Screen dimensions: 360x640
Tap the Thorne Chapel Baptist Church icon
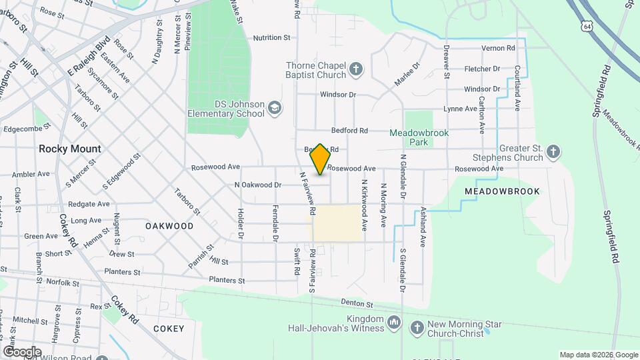pyautogui.click(x=357, y=69)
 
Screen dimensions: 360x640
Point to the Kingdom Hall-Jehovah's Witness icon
pyautogui.click(x=394, y=323)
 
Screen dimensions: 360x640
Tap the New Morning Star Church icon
pyautogui.click(x=417, y=327)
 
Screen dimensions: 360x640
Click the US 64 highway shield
pyautogui.click(x=586, y=25)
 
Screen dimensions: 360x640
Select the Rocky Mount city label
pyautogui.click(x=70, y=149)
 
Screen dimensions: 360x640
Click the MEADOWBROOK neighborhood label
pyautogui.click(x=501, y=191)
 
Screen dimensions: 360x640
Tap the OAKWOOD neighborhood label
pyautogui.click(x=169, y=226)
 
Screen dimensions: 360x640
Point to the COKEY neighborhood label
pyautogui.click(x=168, y=329)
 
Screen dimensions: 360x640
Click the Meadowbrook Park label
pyautogui.click(x=419, y=137)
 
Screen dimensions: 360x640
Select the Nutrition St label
pyautogui.click(x=271, y=38)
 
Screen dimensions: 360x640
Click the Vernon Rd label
pyautogui.click(x=499, y=48)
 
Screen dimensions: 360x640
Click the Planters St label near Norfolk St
pyautogui.click(x=122, y=272)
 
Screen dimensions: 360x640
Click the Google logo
pyautogui.click(x=22, y=351)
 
